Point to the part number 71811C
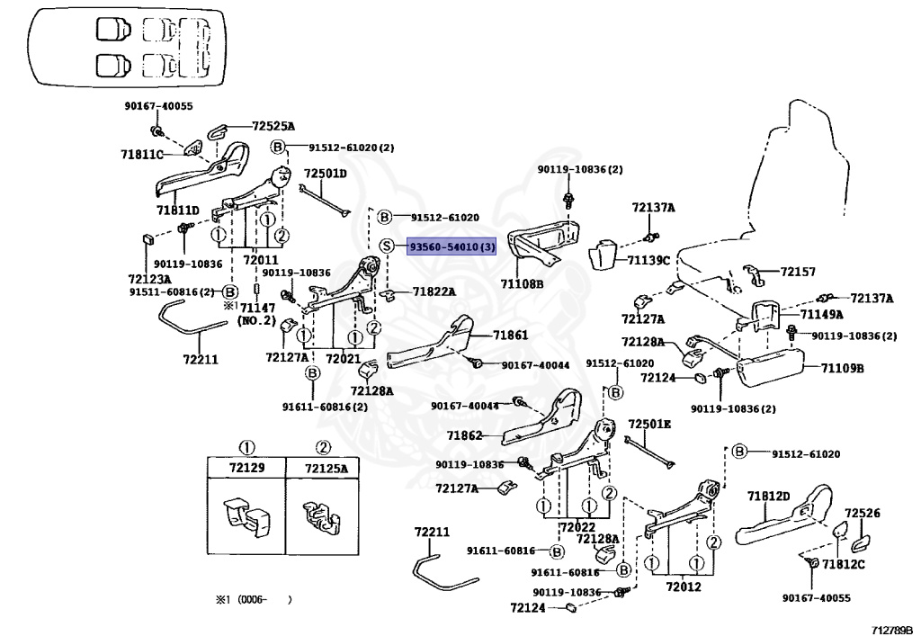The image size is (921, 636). coord(142,155)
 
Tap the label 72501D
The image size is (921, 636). coord(325,174)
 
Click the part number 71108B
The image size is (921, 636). coord(522,283)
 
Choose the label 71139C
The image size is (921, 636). coord(648,261)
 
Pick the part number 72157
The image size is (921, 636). coord(797,271)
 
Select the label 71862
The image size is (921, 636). coord(464,435)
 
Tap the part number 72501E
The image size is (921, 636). coord(649,424)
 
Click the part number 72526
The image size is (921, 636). coord(862,513)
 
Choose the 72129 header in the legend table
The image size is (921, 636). coord(246,469)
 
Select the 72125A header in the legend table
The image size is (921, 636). coord(325,469)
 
